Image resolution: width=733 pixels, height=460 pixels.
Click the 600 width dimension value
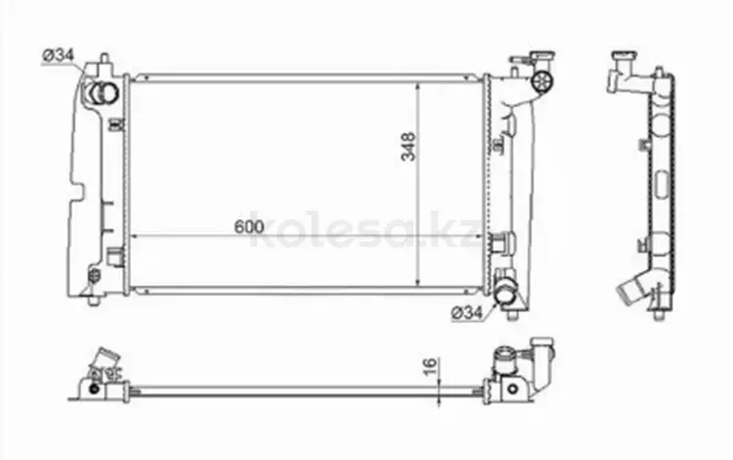(x=248, y=226)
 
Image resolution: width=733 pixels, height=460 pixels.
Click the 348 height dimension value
(x=409, y=147)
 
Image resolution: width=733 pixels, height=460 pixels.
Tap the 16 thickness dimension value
(x=430, y=365)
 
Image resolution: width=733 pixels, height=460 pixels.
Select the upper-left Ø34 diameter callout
(x=59, y=56)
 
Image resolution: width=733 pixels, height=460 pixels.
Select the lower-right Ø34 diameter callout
(x=467, y=312)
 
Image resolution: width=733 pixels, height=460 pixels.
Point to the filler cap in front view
(x=542, y=80)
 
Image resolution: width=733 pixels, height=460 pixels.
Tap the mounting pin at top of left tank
(x=105, y=59)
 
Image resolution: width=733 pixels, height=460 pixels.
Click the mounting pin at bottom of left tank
(x=94, y=300)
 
